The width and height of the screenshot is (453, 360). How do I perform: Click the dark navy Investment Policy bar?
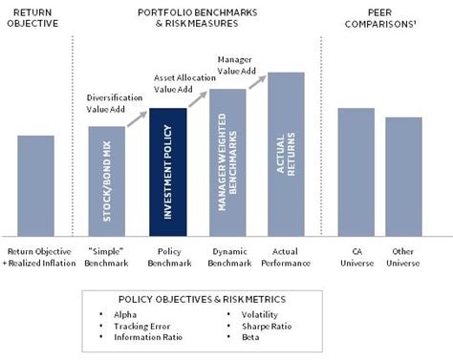[x=167, y=177]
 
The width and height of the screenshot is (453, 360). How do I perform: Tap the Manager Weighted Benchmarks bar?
[x=227, y=162]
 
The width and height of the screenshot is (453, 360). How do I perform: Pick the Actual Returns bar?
[x=286, y=155]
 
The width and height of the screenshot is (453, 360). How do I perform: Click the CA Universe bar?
[x=356, y=172]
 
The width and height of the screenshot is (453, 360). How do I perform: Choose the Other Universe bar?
[x=403, y=177]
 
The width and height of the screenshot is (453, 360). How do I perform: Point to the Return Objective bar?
[x=35, y=186]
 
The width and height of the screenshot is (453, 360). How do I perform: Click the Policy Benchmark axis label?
[x=167, y=258]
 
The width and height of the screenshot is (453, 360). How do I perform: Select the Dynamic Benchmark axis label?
[x=227, y=258]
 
